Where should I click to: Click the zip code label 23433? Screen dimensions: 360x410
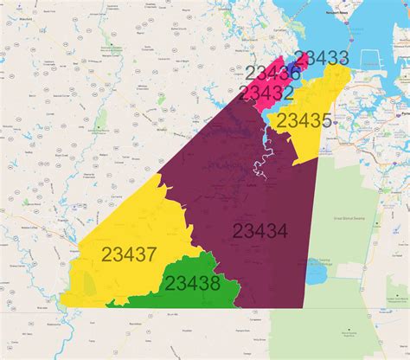point(321,59)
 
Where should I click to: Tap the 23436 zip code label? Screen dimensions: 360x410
point(272,74)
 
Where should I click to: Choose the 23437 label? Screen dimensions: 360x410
point(128,254)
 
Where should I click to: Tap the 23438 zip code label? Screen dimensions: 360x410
point(192,283)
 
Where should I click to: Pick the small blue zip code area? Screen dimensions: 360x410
point(296,68)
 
